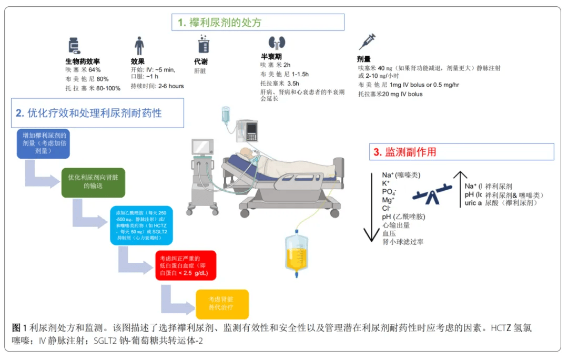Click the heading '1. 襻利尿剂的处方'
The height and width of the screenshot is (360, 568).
click(x=258, y=22)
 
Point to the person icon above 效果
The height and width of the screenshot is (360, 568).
click(x=139, y=45)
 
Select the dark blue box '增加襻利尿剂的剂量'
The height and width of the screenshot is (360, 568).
click(x=43, y=142)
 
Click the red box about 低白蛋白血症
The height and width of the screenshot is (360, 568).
click(x=186, y=265)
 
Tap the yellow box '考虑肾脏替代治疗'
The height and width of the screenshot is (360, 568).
click(x=222, y=304)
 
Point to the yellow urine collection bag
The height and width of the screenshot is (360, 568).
click(x=296, y=252)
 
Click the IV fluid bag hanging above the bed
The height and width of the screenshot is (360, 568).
click(x=226, y=115)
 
